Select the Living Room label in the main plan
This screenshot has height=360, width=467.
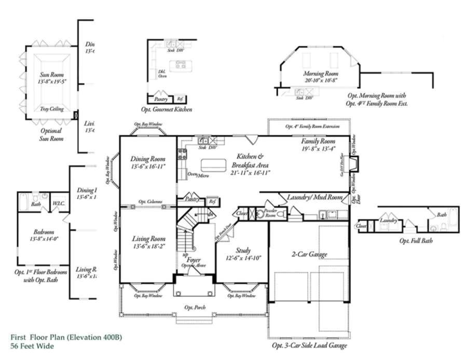pyautogui.click(x=148, y=239)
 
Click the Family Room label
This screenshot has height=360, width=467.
pyautogui.click(x=319, y=141)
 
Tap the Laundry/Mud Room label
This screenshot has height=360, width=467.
pyautogui.click(x=314, y=198)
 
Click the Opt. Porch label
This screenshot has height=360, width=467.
pyautogui.click(x=195, y=307)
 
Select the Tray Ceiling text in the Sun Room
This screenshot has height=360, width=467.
pyautogui.click(x=52, y=108)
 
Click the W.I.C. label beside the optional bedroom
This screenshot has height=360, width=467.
pyautogui.click(x=58, y=203)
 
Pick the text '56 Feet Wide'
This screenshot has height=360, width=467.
pyautogui.click(x=32, y=345)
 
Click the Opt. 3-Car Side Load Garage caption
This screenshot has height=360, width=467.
pyautogui.click(x=309, y=345)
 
